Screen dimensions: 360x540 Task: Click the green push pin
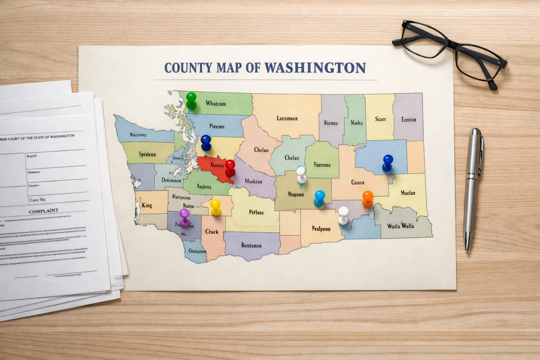coord(191,99)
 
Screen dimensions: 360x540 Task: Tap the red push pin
coord(230,167)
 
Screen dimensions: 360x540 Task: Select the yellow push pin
coord(215,206)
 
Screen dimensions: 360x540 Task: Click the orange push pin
coord(367,198)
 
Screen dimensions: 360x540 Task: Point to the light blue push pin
coord(320,197)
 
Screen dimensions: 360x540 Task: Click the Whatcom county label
coord(216,104)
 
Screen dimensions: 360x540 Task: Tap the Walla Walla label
coord(400,226)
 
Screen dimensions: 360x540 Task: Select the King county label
coord(147,205)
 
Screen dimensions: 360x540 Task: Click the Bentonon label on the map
coord(251,245)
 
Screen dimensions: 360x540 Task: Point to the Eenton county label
coord(409,120)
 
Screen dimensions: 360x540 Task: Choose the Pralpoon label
coord(321,229)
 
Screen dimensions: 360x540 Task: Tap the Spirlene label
coord(147,154)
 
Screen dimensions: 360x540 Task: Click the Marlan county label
coord(408,193)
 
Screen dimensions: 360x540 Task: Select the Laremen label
coord(287,118)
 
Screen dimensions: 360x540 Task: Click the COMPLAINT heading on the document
coord(43,211)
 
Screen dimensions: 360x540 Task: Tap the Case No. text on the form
coord(38,200)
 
